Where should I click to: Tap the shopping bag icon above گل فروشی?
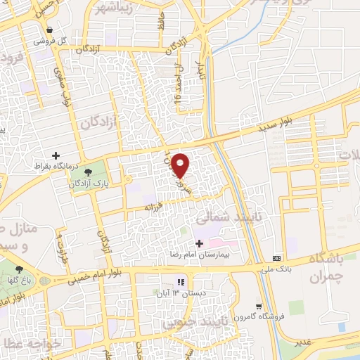click(50, 30)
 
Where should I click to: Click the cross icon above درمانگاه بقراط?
click(56, 155)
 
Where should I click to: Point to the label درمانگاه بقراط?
click(56, 166)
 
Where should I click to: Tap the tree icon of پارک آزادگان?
click(87, 172)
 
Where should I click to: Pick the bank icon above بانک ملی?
click(278, 257)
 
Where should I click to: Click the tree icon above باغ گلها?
click(19, 269)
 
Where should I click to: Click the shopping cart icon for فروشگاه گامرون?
click(259, 306)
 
